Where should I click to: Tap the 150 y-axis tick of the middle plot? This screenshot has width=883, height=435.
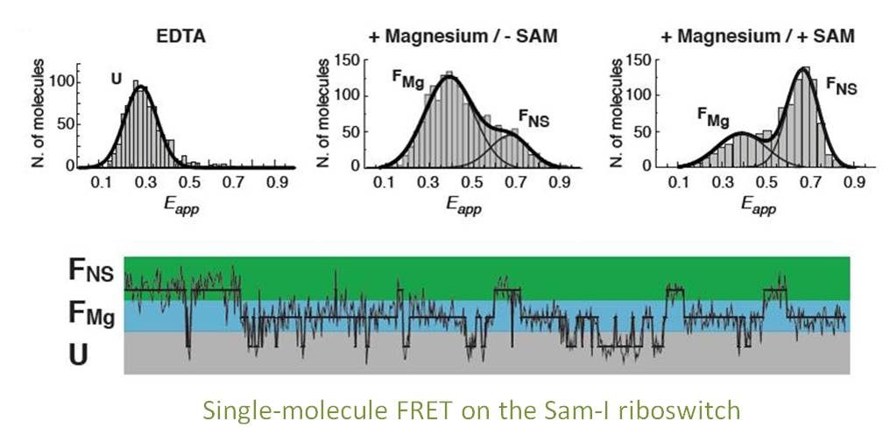350,61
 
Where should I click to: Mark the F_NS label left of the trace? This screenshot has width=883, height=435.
92,270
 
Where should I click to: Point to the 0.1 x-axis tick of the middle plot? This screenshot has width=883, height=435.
383,184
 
